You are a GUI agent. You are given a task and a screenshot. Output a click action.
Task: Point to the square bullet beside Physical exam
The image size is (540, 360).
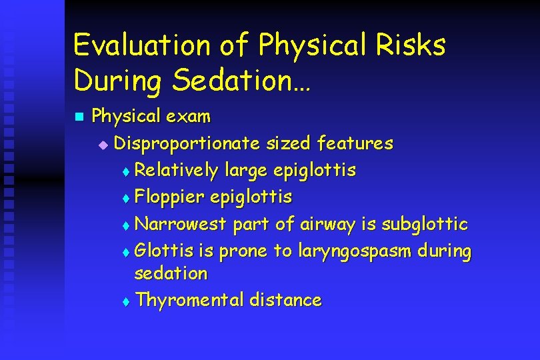point(78,117)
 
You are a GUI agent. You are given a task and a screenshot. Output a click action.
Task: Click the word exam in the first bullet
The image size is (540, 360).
point(189,117)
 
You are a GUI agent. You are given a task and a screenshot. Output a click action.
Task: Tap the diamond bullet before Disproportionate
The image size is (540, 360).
point(102,144)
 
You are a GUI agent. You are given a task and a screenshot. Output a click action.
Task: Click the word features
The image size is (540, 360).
point(355,143)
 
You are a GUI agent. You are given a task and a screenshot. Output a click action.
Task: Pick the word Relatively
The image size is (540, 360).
point(176,171)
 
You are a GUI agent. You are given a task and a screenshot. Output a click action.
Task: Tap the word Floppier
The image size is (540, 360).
point(169,197)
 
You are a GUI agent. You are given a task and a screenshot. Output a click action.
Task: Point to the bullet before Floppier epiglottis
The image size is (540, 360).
point(127,198)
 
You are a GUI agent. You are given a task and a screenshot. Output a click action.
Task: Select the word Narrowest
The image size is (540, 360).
point(181,224)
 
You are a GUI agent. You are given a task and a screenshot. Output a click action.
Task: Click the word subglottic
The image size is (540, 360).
point(424,224)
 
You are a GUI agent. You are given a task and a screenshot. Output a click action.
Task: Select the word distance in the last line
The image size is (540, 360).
point(285,300)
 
